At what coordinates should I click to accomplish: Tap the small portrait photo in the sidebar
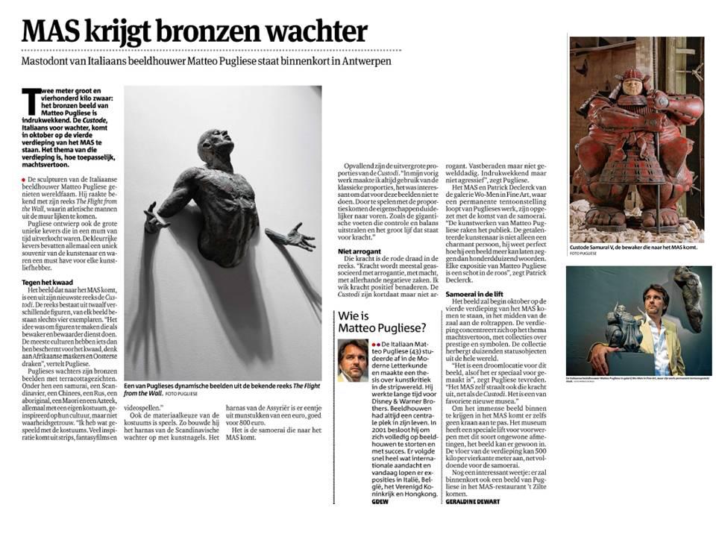tap(352, 361)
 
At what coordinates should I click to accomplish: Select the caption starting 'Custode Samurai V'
tap(634, 246)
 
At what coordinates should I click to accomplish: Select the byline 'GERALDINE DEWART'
tap(472, 501)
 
